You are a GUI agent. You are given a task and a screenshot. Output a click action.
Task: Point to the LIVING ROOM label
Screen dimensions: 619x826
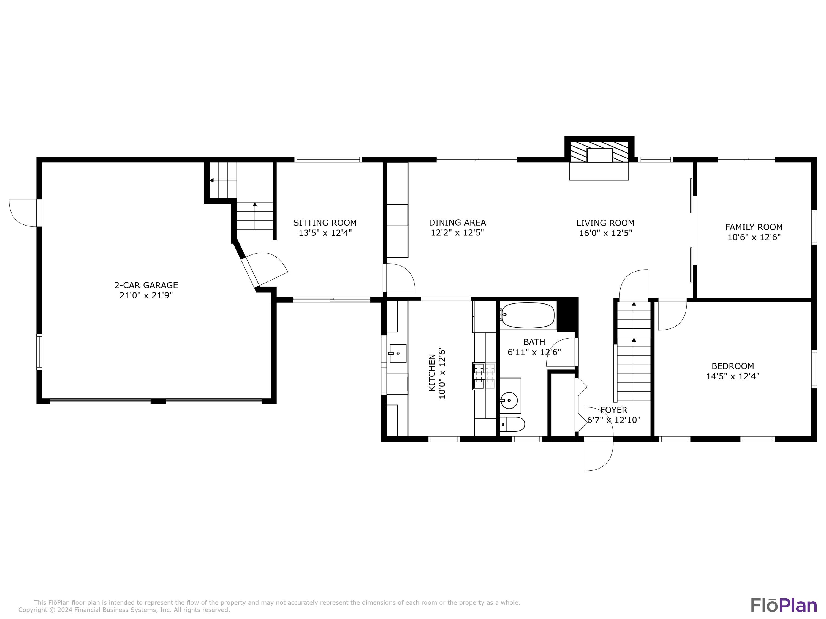point(605,223)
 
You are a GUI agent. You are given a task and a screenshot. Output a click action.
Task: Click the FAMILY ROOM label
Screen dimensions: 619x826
point(754,227)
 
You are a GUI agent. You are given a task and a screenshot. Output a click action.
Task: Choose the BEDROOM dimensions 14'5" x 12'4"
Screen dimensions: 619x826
point(732,376)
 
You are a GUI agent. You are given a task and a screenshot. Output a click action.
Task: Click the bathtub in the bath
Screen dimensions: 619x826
point(528,315)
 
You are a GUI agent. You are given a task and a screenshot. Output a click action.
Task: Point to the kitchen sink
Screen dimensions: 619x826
point(398,353)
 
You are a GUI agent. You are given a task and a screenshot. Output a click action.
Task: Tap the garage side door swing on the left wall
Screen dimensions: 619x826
point(23,213)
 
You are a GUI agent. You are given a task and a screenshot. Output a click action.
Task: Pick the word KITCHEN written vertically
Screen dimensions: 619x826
point(432,373)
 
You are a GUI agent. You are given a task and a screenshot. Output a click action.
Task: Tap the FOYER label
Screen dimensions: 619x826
point(613,410)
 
